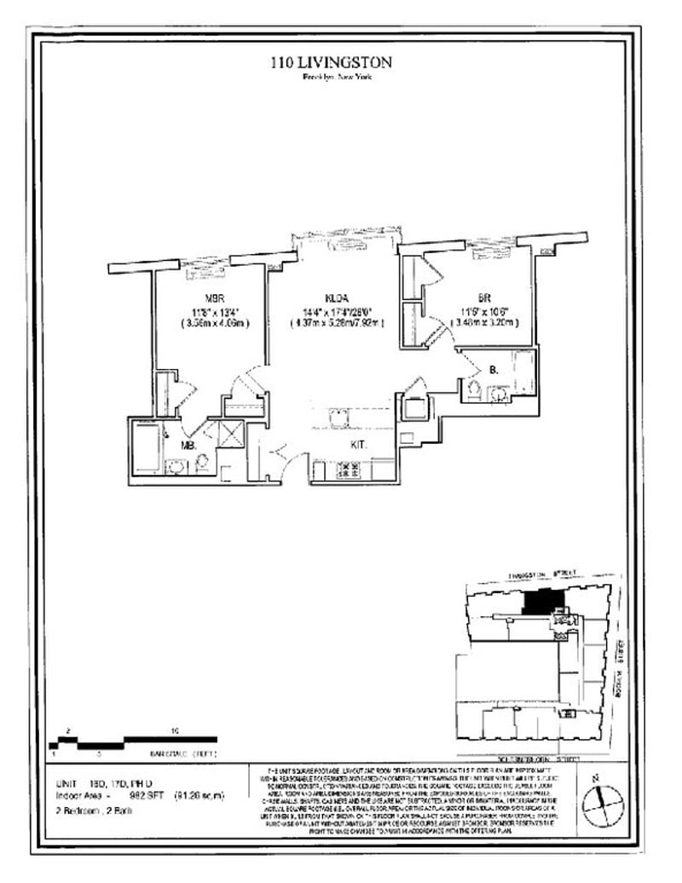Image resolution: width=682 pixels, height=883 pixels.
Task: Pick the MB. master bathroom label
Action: [x=188, y=445]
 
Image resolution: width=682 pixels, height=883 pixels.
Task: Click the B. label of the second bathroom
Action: [x=494, y=371]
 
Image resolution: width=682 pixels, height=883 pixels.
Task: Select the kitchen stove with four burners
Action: [x=349, y=468]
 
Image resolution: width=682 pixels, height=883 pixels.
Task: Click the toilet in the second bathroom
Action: [x=474, y=390]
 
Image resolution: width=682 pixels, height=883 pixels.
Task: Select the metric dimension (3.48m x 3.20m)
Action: [x=483, y=324]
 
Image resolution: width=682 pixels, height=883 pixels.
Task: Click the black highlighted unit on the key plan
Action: [x=537, y=600]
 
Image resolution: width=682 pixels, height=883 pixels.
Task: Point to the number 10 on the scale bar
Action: [x=174, y=730]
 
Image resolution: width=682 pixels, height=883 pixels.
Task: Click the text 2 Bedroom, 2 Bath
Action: [x=93, y=810]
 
